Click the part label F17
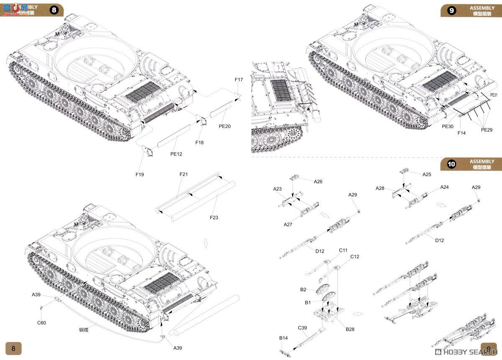tap(238, 79)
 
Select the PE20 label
tap(225, 126)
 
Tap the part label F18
tap(200, 143)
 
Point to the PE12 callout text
tap(176, 154)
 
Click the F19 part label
tap(139, 174)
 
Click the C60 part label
tap(41, 322)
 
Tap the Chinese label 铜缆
tap(84, 329)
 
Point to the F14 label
tap(461, 133)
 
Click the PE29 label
tap(487, 130)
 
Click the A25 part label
tap(427, 174)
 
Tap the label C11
tap(343, 250)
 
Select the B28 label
tap(350, 329)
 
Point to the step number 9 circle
tap(452, 10)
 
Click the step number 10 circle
tap(452, 164)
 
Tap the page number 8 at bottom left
tap(13, 348)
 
